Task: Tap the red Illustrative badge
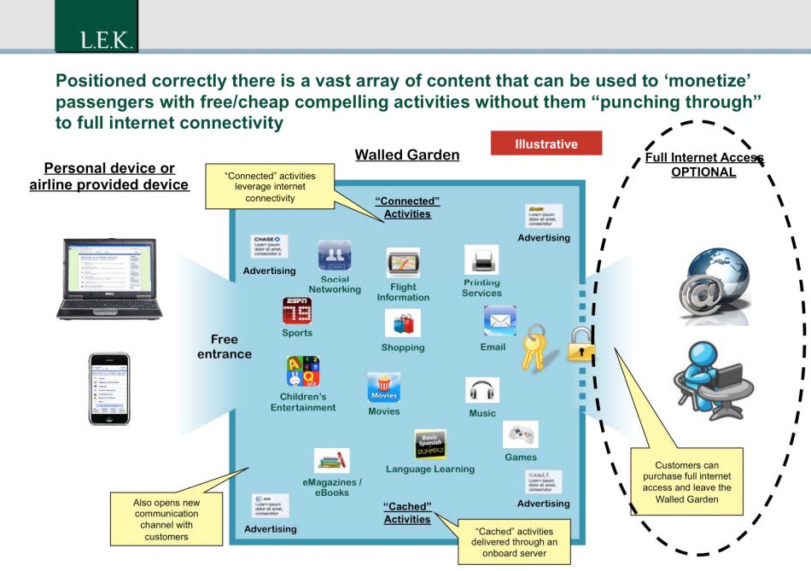point(546,144)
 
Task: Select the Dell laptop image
point(109,279)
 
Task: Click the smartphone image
point(109,388)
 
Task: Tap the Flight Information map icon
point(403,264)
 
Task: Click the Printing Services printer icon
point(481,259)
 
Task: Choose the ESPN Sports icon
point(296,312)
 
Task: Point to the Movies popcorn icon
point(383,387)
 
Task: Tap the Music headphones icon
point(482,391)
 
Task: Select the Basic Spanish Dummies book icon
point(430,445)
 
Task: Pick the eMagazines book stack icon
point(332,461)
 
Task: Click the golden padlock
point(581,348)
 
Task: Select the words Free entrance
point(225,347)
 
